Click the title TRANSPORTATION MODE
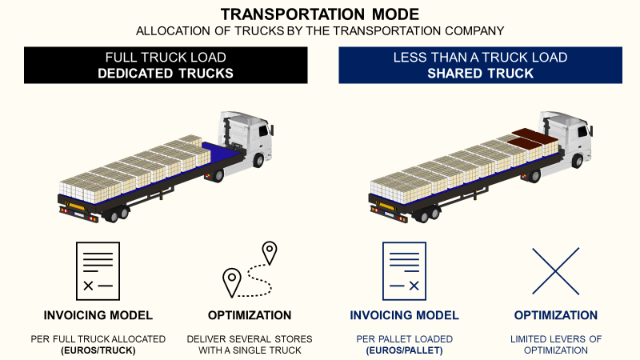point(319,14)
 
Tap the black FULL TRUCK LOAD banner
point(166,65)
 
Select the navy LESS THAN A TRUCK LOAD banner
point(480,65)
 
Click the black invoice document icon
point(97,270)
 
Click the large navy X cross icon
point(555,270)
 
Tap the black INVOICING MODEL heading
point(98,315)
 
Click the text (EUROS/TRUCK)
point(98,350)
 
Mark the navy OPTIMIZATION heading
point(555,315)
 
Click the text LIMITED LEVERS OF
point(555,339)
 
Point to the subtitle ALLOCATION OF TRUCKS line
point(319,31)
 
